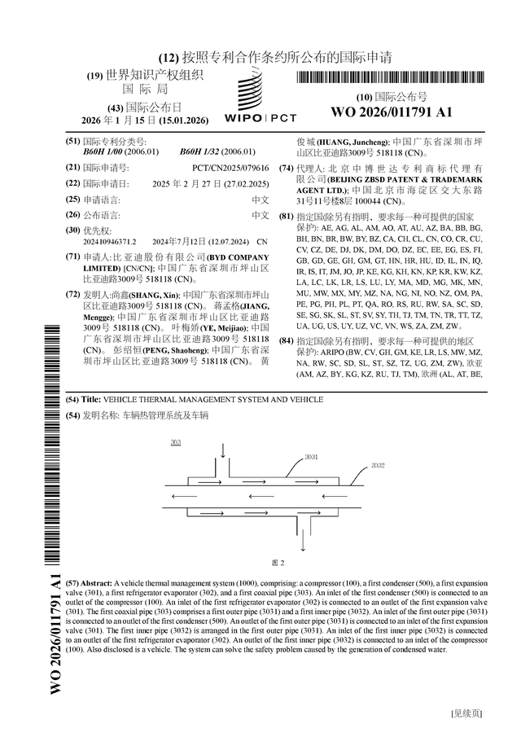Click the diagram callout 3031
311,458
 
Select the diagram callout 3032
378,465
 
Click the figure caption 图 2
277,563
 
